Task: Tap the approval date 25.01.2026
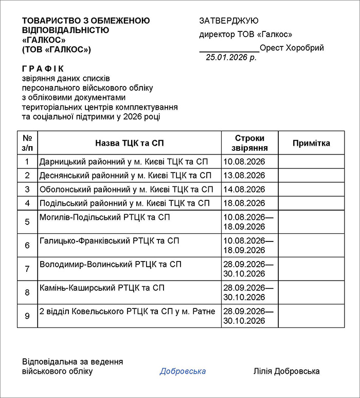(x=231, y=58)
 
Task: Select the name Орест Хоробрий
(x=292, y=48)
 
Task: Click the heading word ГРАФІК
(x=43, y=68)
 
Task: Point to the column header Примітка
(x=311, y=143)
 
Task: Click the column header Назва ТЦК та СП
(x=130, y=143)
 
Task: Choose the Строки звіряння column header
(x=249, y=143)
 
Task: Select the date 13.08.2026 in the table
(x=244, y=176)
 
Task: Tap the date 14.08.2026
(x=244, y=189)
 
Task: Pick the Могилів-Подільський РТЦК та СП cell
(x=105, y=217)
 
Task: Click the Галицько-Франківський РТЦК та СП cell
(x=110, y=240)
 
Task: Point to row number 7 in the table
(x=27, y=269)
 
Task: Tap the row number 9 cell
(x=27, y=316)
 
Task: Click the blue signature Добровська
(x=183, y=371)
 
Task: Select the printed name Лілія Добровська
(x=286, y=371)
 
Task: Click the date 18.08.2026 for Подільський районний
(x=244, y=203)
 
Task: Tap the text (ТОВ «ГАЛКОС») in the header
(x=57, y=49)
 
